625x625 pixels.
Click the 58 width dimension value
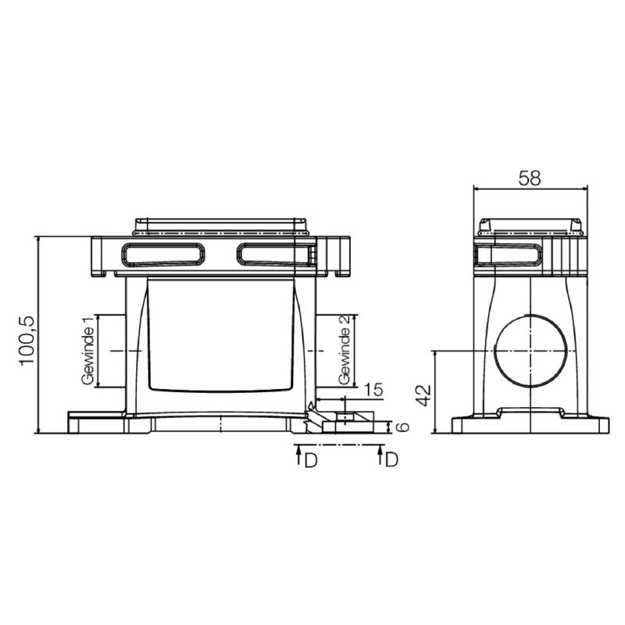pos(530,177)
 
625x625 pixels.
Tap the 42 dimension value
pos(423,393)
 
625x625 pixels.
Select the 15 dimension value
pos(373,389)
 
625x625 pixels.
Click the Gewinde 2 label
pos(343,350)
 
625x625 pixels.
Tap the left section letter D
pos(310,460)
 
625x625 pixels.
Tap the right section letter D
pos(392,460)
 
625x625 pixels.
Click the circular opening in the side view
pos(530,352)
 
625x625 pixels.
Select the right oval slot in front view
pos(273,255)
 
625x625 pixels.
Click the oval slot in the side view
pos(508,255)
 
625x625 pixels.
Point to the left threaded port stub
pos(112,352)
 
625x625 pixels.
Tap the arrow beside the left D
pos(298,456)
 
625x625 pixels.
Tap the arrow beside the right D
pos(380,456)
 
